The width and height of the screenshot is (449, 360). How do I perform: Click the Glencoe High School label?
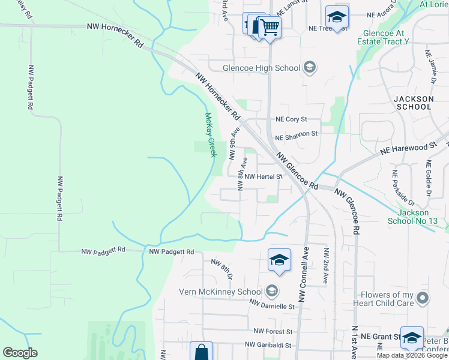[x=261, y=68]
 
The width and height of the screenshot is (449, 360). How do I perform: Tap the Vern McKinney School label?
[x=221, y=292]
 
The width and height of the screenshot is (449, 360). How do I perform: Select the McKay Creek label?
[x=210, y=135]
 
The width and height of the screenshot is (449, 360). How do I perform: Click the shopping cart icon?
[x=270, y=26]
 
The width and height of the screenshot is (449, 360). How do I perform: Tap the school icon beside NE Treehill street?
[x=337, y=17]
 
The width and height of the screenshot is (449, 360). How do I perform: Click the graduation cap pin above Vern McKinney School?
[x=279, y=260]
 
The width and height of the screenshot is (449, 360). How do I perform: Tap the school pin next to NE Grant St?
[x=412, y=338]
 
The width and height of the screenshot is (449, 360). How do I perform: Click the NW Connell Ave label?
[x=303, y=274]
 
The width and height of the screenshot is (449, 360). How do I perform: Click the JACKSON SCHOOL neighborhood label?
[x=414, y=103]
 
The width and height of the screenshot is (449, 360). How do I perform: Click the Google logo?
[x=20, y=353]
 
